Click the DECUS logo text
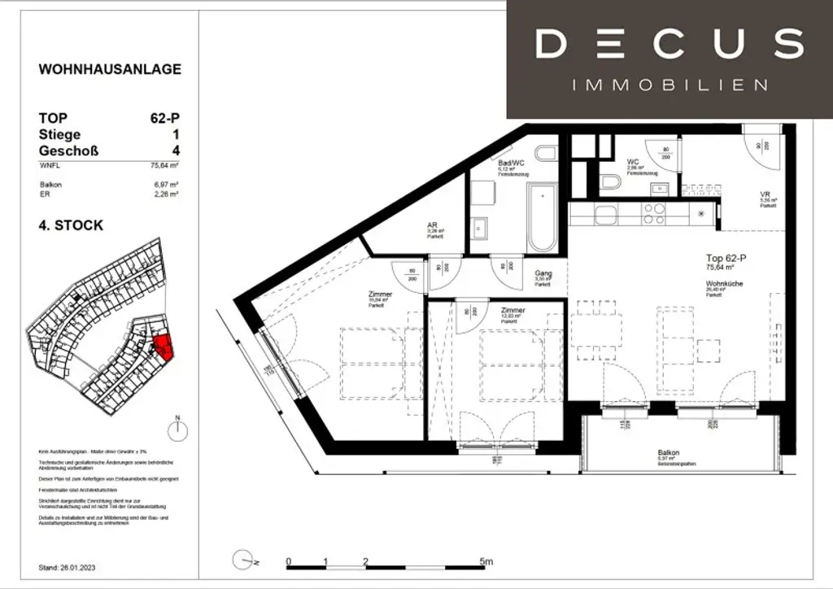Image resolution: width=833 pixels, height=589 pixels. (x=669, y=44)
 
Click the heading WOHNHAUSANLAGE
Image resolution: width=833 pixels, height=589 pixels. (x=110, y=69)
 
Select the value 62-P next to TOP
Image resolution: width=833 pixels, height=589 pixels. (x=164, y=118)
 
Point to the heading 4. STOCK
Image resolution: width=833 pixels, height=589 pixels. (x=72, y=225)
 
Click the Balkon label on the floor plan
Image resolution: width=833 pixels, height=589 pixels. (x=669, y=453)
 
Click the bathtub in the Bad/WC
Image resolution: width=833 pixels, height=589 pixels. (x=540, y=218)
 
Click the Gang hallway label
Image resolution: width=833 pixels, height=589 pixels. (x=543, y=273)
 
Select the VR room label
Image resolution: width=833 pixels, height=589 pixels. (x=765, y=194)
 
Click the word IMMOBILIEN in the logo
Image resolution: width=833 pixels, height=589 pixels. (x=669, y=85)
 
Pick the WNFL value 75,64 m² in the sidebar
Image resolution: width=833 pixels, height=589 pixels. (x=165, y=164)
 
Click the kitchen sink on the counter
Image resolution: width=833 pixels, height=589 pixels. (x=606, y=215)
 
